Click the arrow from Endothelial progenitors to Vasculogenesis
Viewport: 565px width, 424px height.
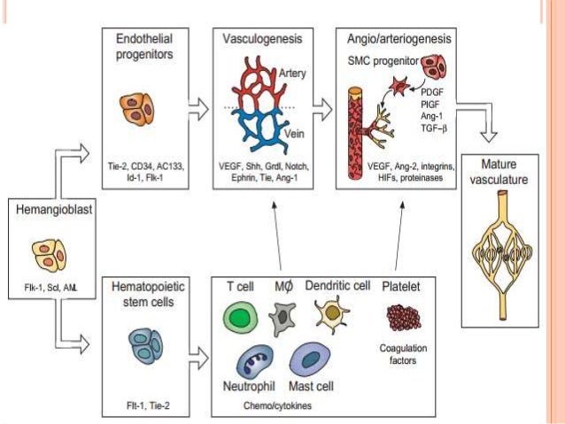coord(199,110)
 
